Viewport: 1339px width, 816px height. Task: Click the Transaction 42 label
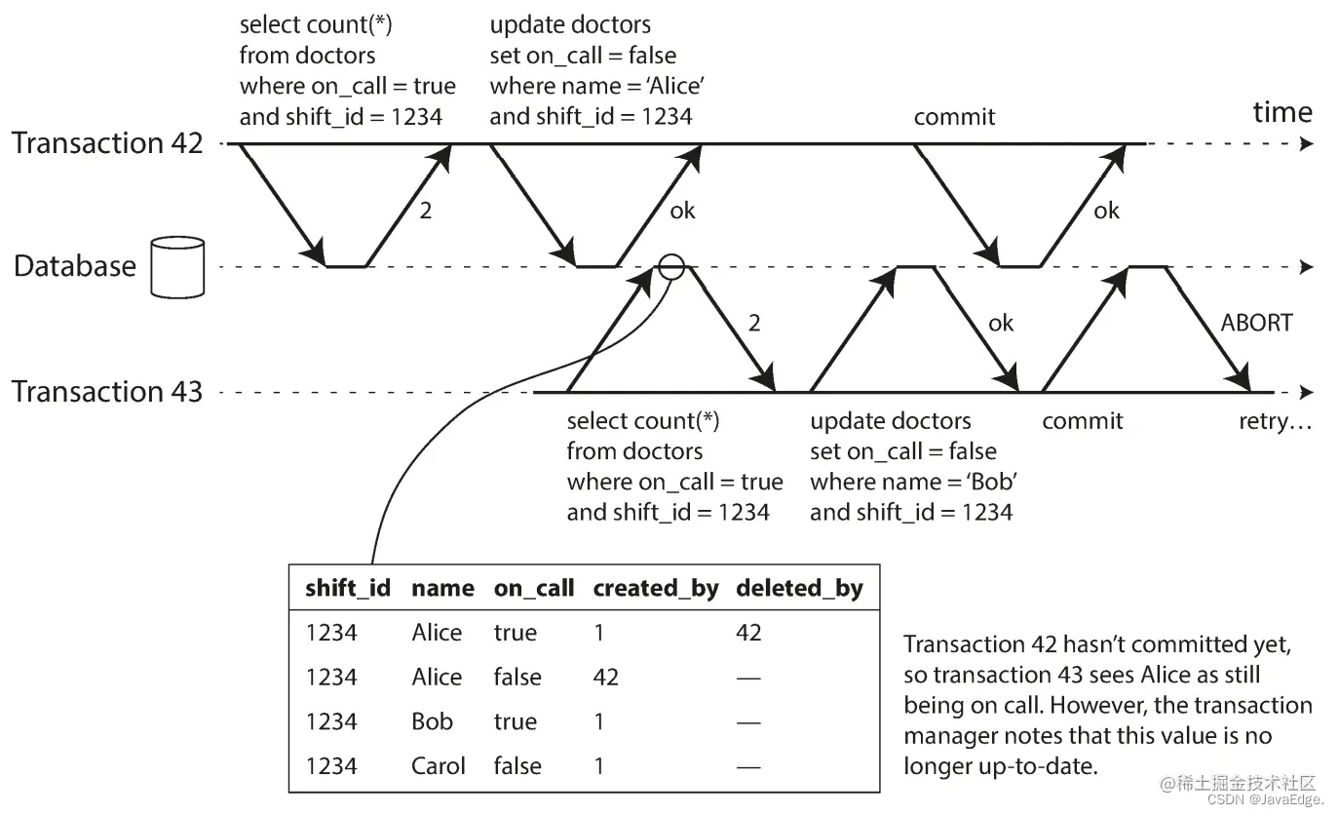pos(107,143)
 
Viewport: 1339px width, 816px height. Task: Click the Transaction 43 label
pos(107,392)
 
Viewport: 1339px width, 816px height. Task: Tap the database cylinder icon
pos(177,266)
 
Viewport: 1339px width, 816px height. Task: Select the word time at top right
pos(1282,112)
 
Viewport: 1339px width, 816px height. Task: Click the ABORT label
pos(1256,322)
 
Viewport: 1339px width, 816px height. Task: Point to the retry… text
pos(1275,422)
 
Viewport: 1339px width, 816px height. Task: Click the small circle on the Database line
pos(672,266)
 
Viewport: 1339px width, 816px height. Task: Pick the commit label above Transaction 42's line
pos(954,117)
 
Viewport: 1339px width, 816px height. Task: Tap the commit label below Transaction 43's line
pos(1082,421)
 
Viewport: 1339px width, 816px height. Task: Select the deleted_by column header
pos(799,588)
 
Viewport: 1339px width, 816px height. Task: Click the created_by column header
pos(655,588)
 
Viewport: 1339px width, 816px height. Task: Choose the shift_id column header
pos(348,588)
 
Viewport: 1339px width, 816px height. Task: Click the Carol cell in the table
pos(439,766)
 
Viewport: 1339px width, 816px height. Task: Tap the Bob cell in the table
pos(433,721)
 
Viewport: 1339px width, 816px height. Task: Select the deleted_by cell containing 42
pos(748,633)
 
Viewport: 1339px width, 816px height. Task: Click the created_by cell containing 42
pos(605,677)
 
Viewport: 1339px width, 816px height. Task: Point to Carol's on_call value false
pos(517,766)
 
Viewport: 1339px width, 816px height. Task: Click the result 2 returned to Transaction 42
pos(425,210)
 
